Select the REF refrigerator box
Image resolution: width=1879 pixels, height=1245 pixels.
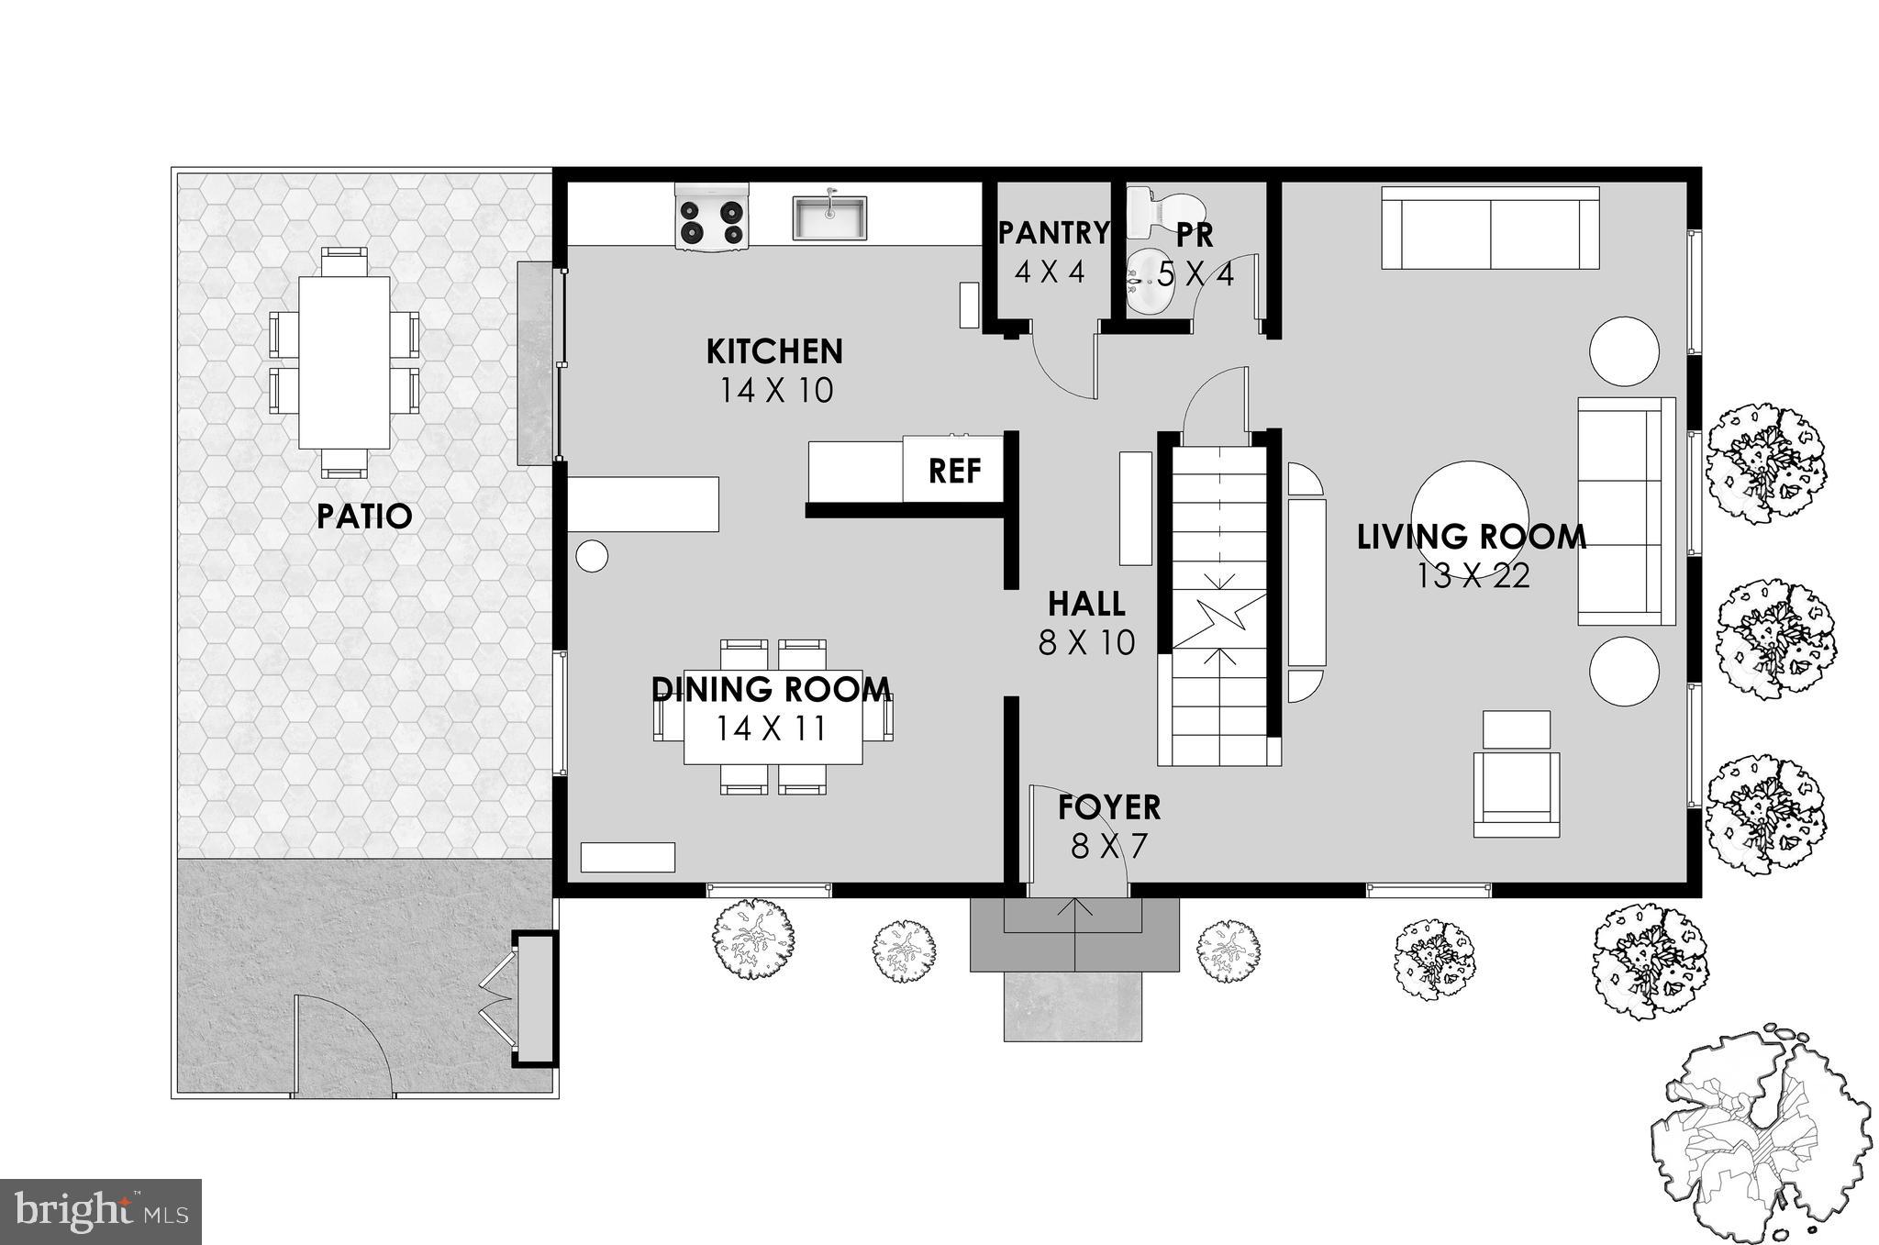coord(954,471)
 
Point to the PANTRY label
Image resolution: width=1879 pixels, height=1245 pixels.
coord(1052,233)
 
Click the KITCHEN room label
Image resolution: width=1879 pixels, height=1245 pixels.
coord(774,351)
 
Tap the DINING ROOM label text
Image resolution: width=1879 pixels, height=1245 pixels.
coord(771,689)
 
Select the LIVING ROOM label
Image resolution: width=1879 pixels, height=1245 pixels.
coord(1471,537)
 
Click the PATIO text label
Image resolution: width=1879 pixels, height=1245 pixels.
coord(364,517)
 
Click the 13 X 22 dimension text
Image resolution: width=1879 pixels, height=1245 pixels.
coord(1473,577)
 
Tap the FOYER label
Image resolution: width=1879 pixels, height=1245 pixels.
coord(1108,807)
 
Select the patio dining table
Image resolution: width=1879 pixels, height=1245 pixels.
coord(344,363)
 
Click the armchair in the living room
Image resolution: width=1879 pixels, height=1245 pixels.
coord(1516,791)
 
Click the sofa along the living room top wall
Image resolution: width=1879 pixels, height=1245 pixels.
coord(1490,228)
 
